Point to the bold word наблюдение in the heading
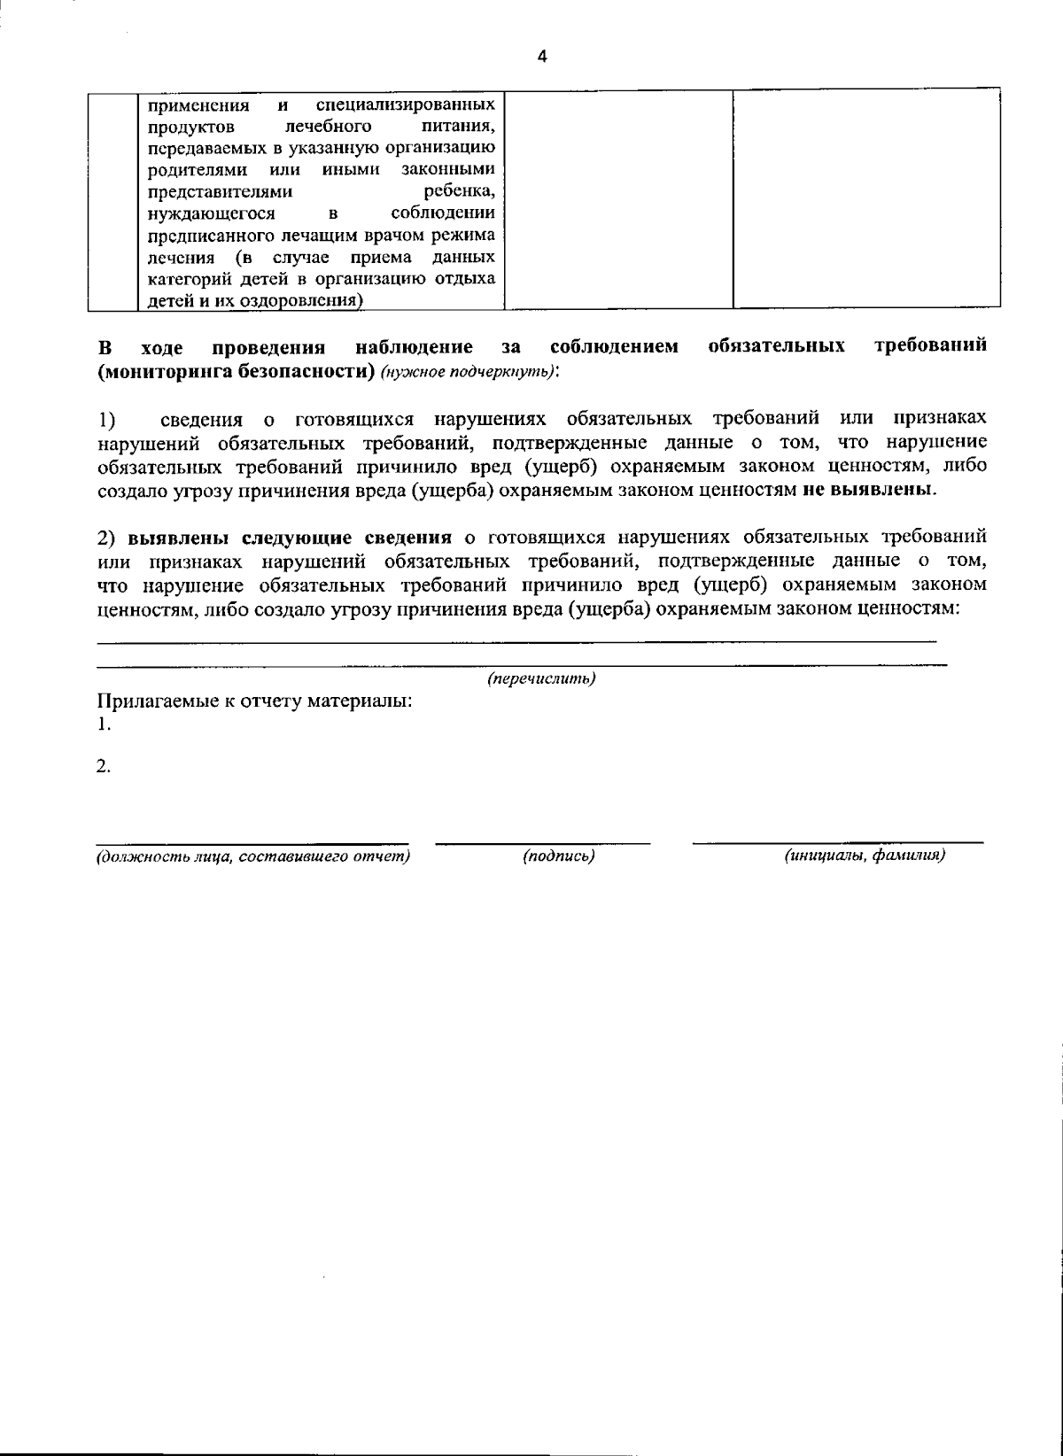tap(414, 346)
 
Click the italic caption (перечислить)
tap(541, 678)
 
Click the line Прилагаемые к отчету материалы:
tap(255, 702)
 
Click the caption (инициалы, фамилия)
tap(865, 856)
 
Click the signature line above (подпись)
tap(542, 842)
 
